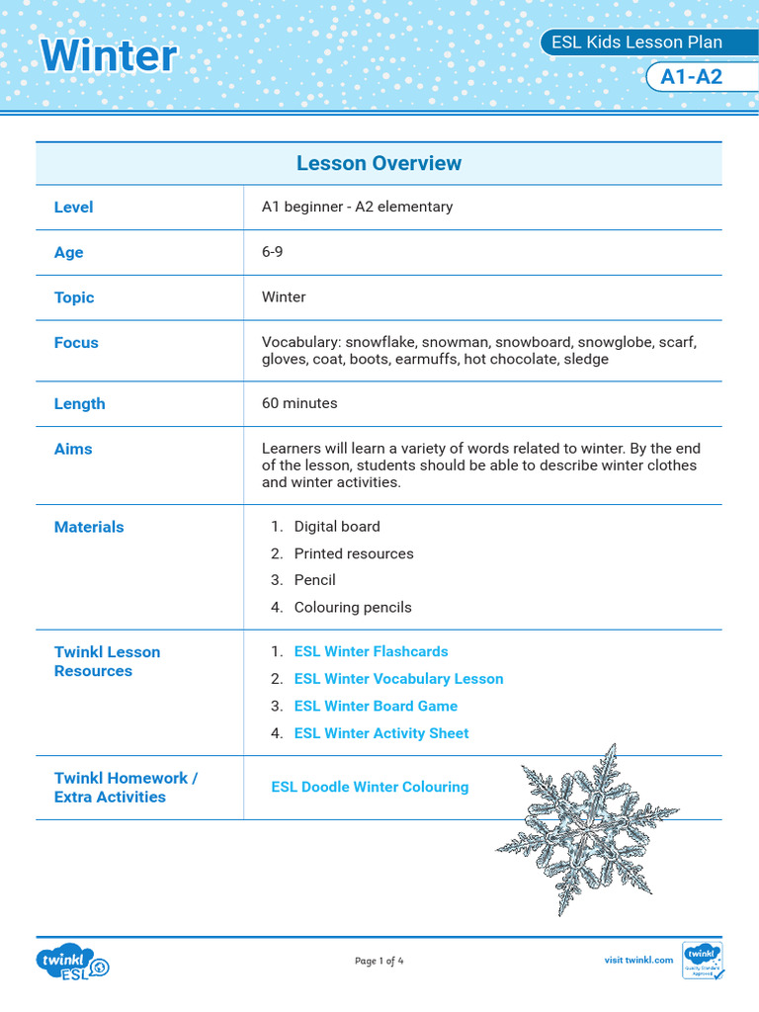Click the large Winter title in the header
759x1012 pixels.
tap(109, 55)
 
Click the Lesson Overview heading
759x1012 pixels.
tap(379, 163)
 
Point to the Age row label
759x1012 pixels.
tap(69, 252)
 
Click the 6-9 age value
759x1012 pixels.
tap(273, 252)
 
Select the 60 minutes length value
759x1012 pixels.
tap(299, 403)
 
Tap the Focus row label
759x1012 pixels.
tap(76, 343)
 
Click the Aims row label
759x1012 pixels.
tap(73, 449)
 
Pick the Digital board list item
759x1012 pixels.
tap(337, 527)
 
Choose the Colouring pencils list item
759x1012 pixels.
tap(353, 607)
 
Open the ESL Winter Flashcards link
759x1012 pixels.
tap(371, 651)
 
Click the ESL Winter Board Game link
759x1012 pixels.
tap(376, 706)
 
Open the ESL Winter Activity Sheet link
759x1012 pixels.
tap(381, 733)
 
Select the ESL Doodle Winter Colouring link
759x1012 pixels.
tap(370, 787)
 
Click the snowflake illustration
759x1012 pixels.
tap(587, 828)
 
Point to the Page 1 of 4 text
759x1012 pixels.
tap(379, 961)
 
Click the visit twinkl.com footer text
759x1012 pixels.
tap(638, 960)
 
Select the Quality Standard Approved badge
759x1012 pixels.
tap(703, 961)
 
